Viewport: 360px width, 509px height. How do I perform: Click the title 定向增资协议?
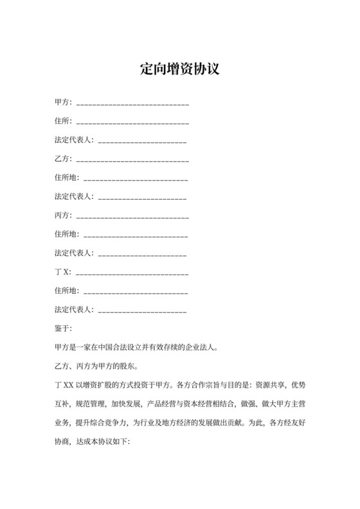pos(180,69)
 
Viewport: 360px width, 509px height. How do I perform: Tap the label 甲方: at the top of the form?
pos(64,103)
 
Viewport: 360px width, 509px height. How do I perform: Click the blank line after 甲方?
pos(132,103)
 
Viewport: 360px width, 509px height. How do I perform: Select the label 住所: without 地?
pos(64,121)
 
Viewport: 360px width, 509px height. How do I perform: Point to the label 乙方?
pos(64,158)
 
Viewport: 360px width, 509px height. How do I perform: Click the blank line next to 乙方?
pos(132,159)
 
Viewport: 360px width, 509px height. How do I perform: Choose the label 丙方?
pos(64,214)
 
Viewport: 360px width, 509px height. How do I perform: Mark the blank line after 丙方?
pos(132,215)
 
